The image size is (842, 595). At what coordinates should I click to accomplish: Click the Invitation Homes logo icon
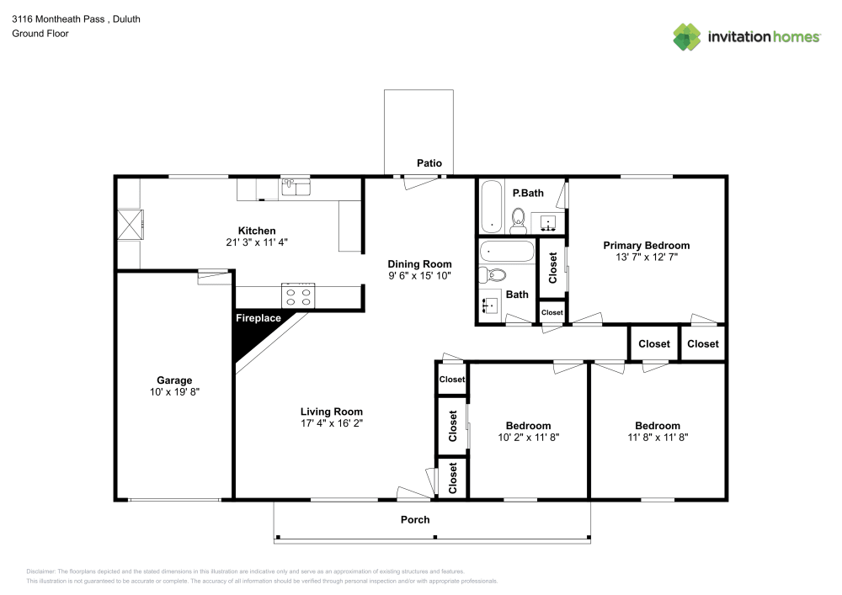click(688, 36)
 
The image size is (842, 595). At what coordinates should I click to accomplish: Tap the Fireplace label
click(258, 319)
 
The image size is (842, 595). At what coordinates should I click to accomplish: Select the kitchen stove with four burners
click(298, 295)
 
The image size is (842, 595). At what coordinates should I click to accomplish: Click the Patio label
click(429, 163)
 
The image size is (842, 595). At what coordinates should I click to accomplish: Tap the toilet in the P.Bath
click(519, 220)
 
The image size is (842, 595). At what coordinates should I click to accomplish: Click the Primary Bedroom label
click(646, 246)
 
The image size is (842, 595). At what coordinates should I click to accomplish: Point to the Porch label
click(415, 520)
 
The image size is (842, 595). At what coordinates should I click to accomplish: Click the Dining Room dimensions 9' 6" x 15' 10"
click(419, 276)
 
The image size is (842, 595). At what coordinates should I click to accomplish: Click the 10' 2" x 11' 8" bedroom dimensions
click(528, 438)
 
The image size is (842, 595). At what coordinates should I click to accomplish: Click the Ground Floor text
click(40, 34)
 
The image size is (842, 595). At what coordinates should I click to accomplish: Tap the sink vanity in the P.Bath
click(548, 224)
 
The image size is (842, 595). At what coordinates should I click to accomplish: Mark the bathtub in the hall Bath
click(506, 252)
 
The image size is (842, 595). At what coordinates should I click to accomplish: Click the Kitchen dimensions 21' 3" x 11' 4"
click(257, 242)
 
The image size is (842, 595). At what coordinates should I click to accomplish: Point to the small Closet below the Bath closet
click(552, 313)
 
